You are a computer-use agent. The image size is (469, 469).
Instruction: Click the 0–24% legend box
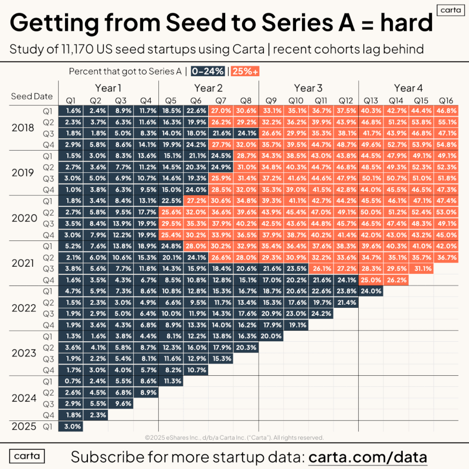[208, 72]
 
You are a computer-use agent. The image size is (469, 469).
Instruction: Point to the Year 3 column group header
[308, 88]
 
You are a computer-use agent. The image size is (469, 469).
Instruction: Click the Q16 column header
[447, 100]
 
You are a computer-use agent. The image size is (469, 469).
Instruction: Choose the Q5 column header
[171, 100]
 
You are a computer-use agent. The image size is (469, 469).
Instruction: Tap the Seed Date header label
[32, 96]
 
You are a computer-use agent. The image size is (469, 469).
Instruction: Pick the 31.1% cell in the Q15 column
[422, 269]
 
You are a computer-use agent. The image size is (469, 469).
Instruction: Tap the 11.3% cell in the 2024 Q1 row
[171, 380]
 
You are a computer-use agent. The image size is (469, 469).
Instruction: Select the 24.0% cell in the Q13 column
[372, 291]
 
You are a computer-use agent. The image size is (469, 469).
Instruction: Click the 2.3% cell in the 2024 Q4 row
[97, 415]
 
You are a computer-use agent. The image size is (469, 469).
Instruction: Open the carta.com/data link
[368, 457]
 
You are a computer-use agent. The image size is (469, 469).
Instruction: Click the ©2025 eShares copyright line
[234, 437]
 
